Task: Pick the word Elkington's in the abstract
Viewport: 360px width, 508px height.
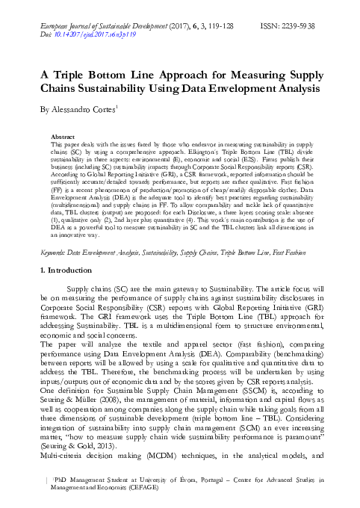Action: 199,152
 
